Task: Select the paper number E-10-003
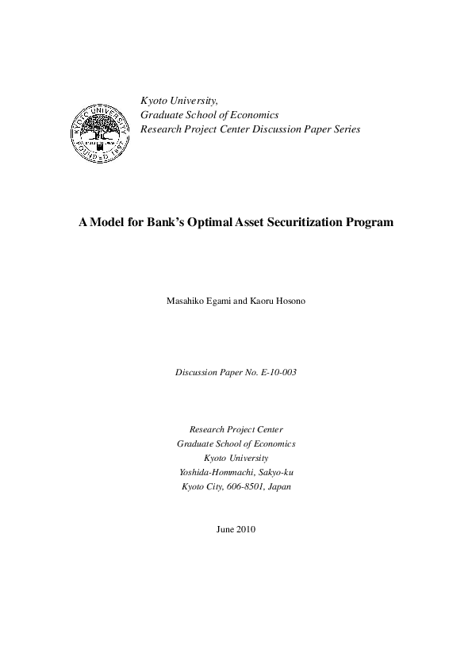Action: [x=277, y=371]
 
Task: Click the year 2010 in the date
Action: [x=246, y=529]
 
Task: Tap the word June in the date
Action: [x=225, y=529]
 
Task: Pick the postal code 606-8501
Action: [x=243, y=486]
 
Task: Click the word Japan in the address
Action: [x=278, y=486]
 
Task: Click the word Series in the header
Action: [x=346, y=129]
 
